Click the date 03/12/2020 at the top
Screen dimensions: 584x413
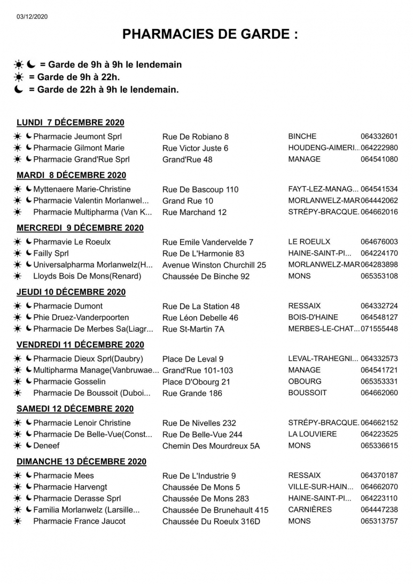click(32, 17)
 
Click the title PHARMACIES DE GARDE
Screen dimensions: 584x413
click(210, 35)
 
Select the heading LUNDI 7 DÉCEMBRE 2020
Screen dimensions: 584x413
click(71, 123)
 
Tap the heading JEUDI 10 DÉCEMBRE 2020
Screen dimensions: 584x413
click(71, 292)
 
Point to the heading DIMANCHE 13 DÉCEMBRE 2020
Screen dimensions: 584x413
click(82, 462)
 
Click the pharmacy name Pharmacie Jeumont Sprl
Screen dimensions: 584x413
click(77, 137)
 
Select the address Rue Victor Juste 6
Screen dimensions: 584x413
click(195, 148)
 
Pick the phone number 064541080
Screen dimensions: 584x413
click(379, 159)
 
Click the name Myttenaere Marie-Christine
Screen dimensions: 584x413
click(82, 189)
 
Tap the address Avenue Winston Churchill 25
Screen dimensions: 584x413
click(214, 265)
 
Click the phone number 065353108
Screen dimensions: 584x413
click(379, 276)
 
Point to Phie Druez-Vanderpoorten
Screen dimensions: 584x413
click(81, 318)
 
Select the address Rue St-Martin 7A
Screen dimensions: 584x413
click(193, 329)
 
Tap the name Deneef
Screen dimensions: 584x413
click(46, 445)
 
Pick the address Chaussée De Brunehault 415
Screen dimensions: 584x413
click(215, 510)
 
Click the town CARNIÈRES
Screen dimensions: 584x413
click(310, 510)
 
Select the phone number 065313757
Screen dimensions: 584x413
click(379, 521)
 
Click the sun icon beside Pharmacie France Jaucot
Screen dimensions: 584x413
click(18, 521)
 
